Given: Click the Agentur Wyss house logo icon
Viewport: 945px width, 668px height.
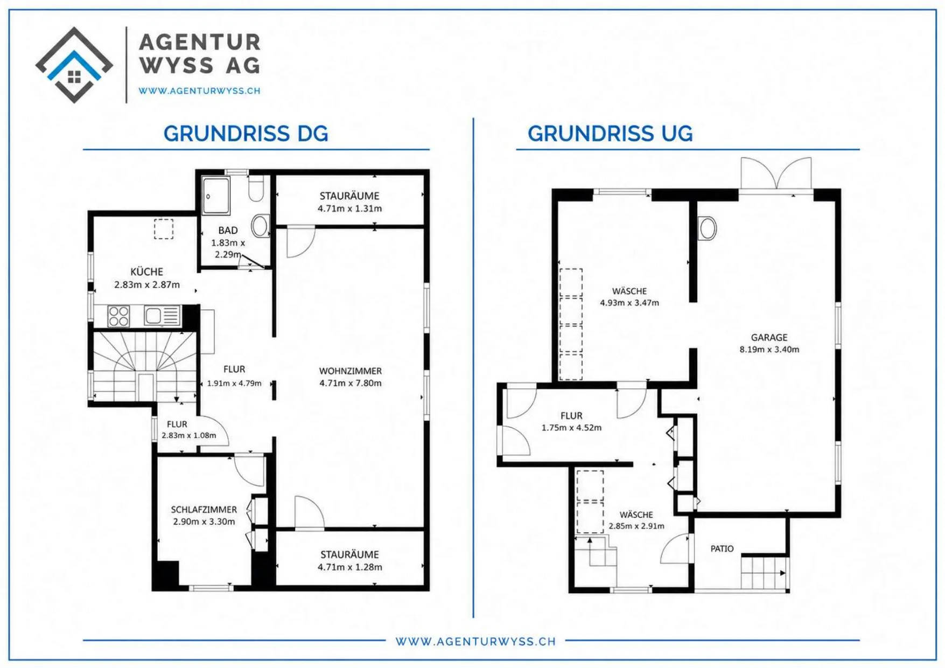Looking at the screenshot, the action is (74, 65).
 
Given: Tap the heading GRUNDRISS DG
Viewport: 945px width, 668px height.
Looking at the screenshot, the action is (246, 134).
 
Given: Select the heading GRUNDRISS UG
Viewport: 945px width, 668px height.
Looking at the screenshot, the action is (610, 134).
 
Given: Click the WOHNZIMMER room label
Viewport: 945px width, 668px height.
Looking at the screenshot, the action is (351, 371).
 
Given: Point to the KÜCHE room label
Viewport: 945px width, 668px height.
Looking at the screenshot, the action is (146, 272).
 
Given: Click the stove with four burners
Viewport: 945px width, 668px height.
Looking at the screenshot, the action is (118, 316).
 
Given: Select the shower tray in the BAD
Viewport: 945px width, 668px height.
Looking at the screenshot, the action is (216, 196).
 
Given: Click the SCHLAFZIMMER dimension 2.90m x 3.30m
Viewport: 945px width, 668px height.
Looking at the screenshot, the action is (204, 521).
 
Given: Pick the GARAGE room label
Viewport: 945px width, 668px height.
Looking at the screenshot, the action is (769, 337).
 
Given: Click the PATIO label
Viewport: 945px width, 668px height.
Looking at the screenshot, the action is (722, 548).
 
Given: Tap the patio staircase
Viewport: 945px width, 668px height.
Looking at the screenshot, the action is (764, 573).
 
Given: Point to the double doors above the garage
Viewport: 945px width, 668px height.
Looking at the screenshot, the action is (776, 173).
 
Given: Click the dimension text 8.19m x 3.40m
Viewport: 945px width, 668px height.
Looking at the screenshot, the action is (769, 349).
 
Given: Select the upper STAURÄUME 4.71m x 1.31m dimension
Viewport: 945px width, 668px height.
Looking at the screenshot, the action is (349, 208).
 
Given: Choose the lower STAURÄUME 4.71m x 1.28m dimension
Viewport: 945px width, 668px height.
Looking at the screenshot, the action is (349, 567).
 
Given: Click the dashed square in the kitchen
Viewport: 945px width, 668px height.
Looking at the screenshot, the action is (164, 229).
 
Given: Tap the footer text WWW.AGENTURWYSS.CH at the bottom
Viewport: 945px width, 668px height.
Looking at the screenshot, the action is (475, 641).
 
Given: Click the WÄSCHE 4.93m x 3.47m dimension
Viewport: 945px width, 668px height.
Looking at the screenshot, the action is (629, 303).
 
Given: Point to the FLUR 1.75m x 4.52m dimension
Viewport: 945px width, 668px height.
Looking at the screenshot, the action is (571, 428).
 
